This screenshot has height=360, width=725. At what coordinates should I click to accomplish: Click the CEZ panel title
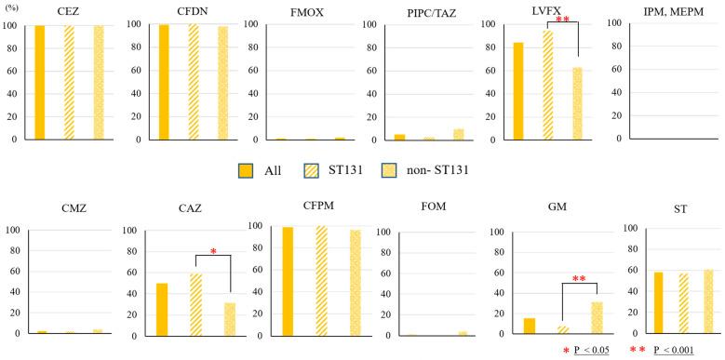[66, 10]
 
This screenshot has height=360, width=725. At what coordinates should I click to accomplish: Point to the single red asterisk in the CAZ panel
[213, 252]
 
